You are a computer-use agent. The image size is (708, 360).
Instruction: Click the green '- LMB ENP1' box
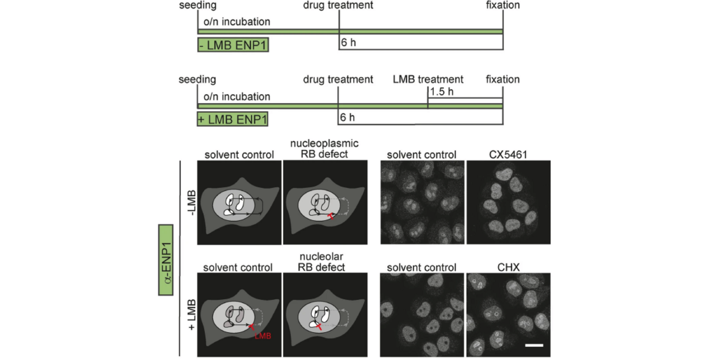(x=233, y=45)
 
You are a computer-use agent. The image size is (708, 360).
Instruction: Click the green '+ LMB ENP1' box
(x=233, y=119)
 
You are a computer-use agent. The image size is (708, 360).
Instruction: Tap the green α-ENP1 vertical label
(x=166, y=260)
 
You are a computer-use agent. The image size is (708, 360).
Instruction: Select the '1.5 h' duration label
(x=442, y=91)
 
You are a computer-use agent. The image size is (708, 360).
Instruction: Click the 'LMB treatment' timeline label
(x=428, y=79)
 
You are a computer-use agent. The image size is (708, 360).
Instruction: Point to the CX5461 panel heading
(x=508, y=154)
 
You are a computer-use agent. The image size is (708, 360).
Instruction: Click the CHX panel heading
(x=508, y=267)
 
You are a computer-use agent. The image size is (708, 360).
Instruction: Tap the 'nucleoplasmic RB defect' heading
(x=324, y=149)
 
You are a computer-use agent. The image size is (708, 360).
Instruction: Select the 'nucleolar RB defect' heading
(x=321, y=262)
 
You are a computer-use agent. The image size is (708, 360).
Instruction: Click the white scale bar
(x=534, y=345)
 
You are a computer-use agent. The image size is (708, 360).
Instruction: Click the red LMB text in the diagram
(x=263, y=336)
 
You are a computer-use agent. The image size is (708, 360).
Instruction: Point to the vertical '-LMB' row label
(x=191, y=203)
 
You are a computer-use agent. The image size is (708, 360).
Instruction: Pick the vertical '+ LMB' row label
(x=191, y=315)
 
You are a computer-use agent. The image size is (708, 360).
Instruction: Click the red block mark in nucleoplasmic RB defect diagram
(x=331, y=216)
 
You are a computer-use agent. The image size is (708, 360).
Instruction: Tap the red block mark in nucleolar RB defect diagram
(x=319, y=326)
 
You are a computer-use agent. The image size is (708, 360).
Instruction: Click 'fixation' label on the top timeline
(x=503, y=5)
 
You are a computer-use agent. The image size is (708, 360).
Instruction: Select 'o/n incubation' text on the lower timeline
(x=237, y=97)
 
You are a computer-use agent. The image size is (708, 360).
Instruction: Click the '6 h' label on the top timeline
(x=349, y=43)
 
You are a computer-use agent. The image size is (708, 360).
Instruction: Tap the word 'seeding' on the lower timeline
(x=197, y=79)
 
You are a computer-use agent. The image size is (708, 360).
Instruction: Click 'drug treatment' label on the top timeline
(x=338, y=5)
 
